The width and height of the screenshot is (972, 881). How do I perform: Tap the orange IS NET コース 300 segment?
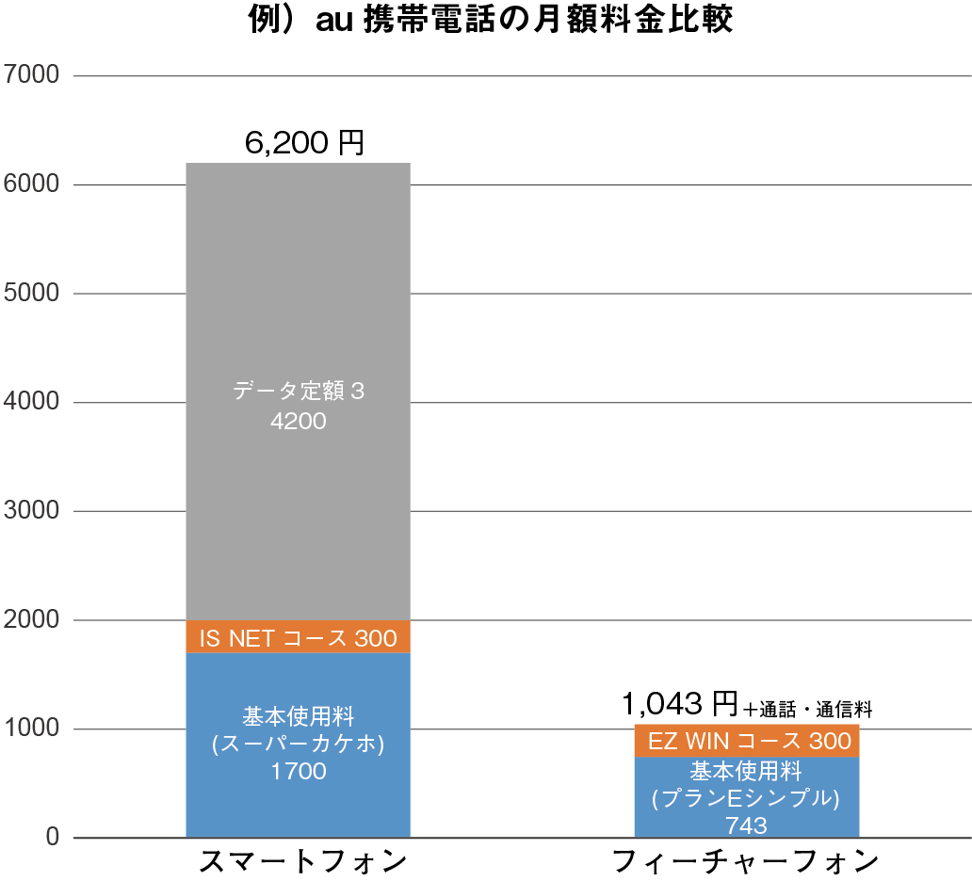point(298,637)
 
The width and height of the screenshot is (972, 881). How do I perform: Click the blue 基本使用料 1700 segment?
point(298,697)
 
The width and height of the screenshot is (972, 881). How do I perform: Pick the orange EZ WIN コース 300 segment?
point(747,741)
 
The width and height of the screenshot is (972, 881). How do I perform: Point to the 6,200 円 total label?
point(303,143)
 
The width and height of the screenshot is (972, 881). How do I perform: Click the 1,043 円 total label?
point(679,702)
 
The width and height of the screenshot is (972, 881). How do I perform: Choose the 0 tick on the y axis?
point(53,837)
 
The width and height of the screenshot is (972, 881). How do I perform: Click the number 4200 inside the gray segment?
point(298,421)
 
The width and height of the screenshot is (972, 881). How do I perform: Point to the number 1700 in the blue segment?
point(298,772)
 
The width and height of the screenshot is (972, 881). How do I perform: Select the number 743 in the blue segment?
point(747,825)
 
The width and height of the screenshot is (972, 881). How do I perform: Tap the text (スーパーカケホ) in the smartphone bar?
point(298,745)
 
